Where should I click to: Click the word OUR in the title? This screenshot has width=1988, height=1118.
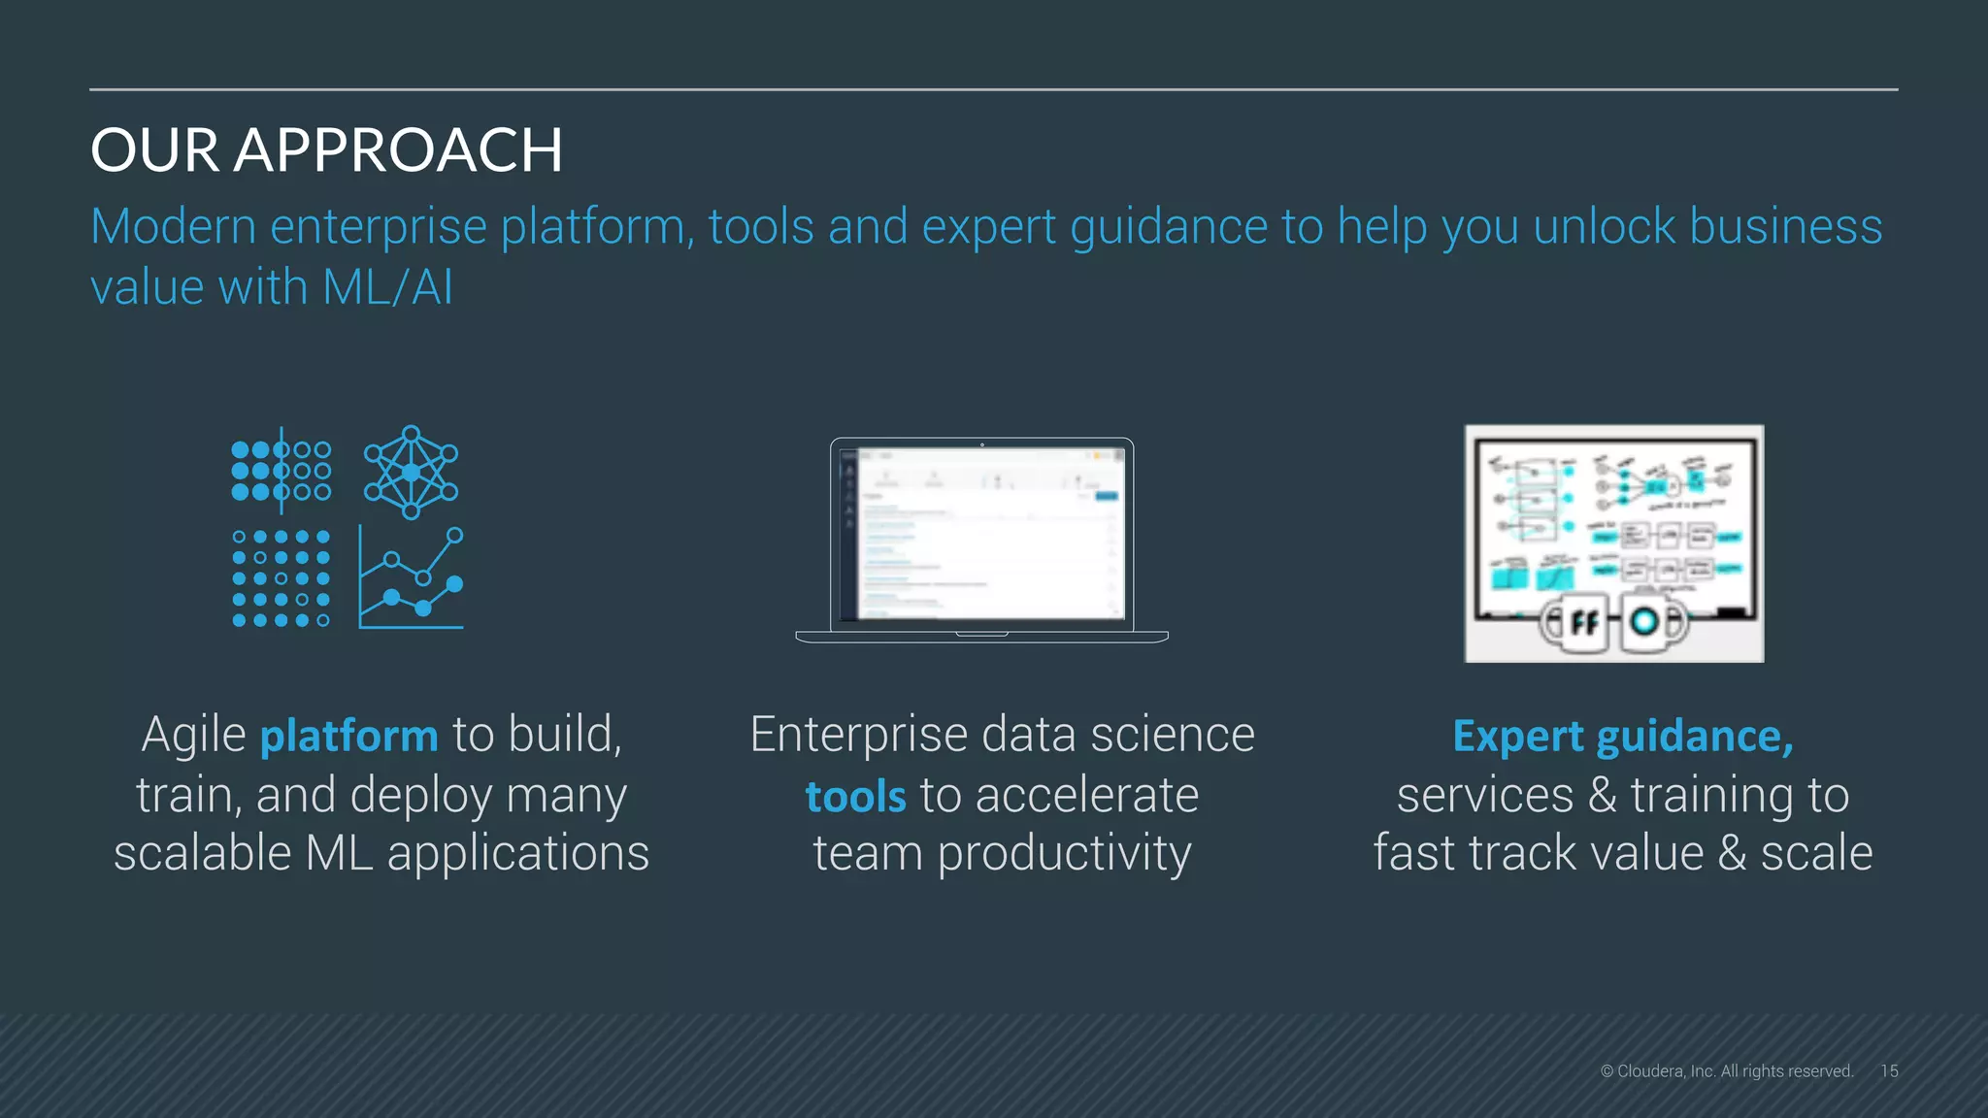click(154, 150)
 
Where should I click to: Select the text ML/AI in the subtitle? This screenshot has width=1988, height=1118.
click(387, 288)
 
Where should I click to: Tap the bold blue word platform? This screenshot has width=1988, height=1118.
click(349, 736)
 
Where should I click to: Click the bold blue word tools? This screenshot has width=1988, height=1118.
click(855, 797)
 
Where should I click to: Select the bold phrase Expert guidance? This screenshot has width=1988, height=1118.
click(1622, 736)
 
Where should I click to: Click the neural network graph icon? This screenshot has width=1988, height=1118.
click(411, 472)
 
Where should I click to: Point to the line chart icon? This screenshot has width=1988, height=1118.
click(411, 578)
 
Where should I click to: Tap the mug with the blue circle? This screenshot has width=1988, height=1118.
click(1647, 622)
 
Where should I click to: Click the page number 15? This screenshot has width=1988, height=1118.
click(1888, 1071)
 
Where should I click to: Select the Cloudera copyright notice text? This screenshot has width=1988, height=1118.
click(1727, 1071)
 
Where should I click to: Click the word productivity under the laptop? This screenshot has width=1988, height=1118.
click(1064, 854)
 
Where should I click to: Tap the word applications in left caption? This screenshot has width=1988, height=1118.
click(517, 854)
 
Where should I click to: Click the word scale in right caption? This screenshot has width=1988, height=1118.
click(1816, 854)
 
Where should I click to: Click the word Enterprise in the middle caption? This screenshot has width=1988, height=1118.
click(858, 735)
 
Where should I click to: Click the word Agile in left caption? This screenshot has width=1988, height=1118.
click(194, 735)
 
